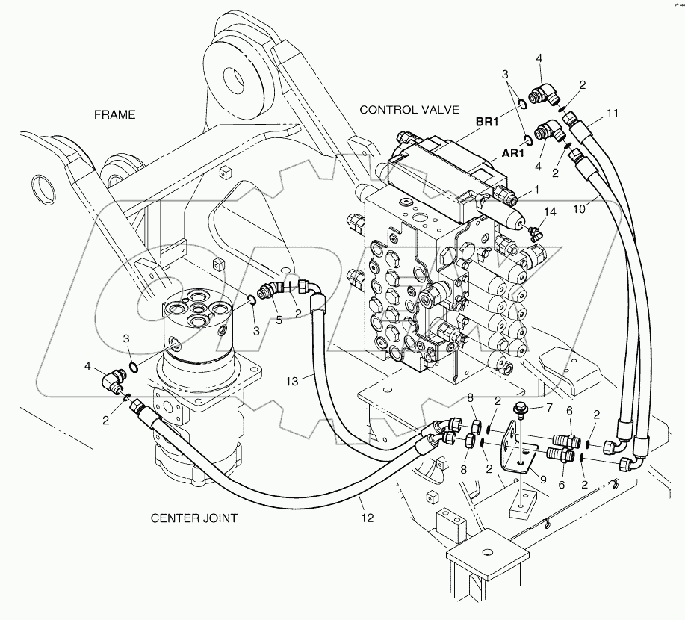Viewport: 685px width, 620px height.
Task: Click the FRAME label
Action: click(x=114, y=114)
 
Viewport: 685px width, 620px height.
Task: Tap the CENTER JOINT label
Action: click(x=194, y=518)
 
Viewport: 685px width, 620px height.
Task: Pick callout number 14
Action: click(x=551, y=213)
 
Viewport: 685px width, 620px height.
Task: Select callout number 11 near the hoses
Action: click(x=613, y=114)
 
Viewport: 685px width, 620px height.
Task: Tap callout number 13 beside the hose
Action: click(x=293, y=381)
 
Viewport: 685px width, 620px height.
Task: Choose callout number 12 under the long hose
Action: click(x=368, y=517)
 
